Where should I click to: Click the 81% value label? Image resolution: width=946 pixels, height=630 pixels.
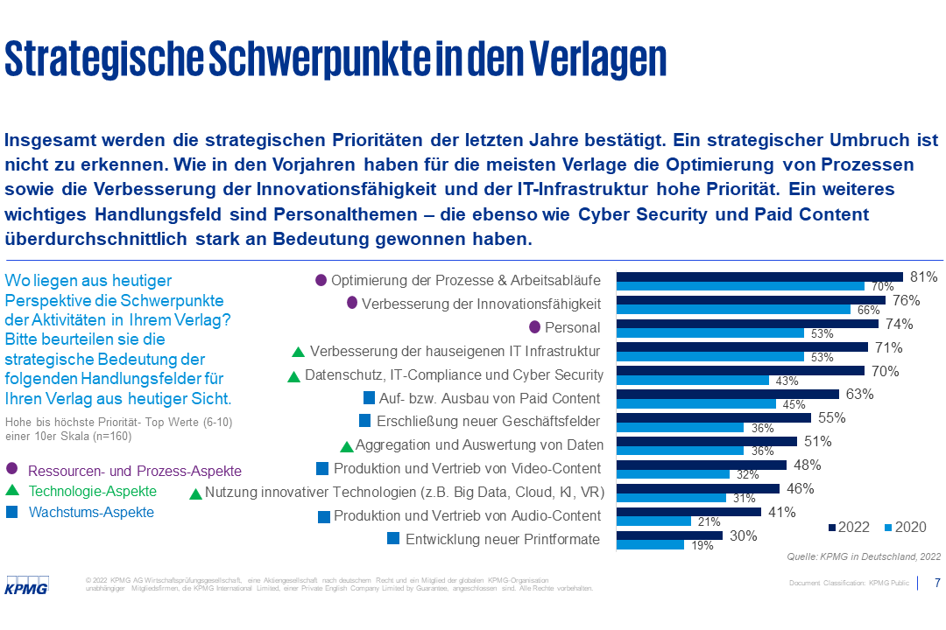[x=924, y=276]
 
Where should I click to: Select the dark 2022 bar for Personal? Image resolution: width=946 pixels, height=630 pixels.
[x=747, y=324]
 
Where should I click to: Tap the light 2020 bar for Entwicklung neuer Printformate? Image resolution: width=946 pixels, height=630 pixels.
[x=650, y=544]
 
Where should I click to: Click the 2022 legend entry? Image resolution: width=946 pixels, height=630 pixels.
[x=850, y=527]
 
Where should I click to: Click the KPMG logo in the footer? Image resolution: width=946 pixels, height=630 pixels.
[x=27, y=584]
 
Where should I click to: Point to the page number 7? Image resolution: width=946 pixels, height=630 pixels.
[x=938, y=583]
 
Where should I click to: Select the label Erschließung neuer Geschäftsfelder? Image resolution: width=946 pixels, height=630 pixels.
[x=488, y=421]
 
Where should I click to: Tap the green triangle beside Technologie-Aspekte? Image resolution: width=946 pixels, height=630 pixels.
[x=11, y=492]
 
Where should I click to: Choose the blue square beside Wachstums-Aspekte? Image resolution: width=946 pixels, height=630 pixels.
[x=11, y=512]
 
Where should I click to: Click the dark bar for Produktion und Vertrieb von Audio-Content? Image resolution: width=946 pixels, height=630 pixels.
[x=688, y=512]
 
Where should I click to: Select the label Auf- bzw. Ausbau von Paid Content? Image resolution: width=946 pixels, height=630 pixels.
[x=490, y=397]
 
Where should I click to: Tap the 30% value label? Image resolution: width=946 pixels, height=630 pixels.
[x=743, y=536]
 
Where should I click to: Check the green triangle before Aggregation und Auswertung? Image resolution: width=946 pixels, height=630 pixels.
[x=347, y=446]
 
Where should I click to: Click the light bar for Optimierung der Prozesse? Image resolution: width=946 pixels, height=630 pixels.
[x=740, y=286]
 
